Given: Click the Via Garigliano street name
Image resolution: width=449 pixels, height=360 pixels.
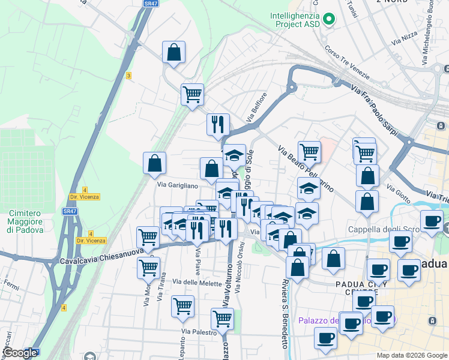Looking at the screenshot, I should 177,185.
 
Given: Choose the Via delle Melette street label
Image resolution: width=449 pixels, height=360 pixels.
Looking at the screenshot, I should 193,281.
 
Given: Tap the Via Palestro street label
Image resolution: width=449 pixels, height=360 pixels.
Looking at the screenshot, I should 199,331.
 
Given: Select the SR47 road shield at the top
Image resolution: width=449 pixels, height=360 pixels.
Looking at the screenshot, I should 151,4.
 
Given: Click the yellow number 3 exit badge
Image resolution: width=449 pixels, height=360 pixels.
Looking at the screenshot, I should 128,75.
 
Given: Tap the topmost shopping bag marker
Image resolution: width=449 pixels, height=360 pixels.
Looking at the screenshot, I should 173,52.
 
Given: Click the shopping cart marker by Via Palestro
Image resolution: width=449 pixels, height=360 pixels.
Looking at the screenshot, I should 222,319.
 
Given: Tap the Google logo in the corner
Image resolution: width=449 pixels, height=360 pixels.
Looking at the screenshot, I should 20,353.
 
